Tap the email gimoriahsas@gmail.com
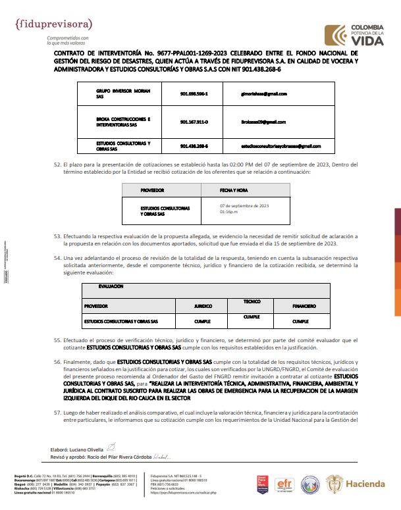tap(264, 94)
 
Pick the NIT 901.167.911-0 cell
tap(194, 122)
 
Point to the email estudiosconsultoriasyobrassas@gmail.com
tap(281, 145)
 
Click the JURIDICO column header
tap(203, 307)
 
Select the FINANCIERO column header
tap(304, 307)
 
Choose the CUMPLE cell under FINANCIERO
tap(300, 322)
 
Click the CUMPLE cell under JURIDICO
tap(203, 322)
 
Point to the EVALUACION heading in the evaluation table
tap(111, 287)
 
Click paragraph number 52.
tap(57, 164)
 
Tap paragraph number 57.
tap(57, 411)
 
